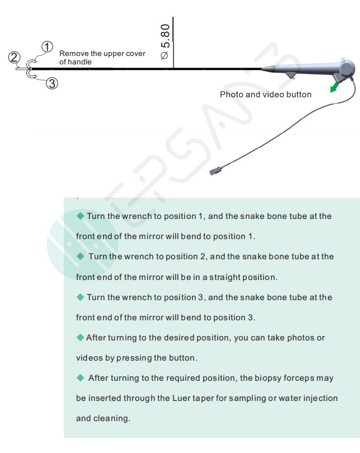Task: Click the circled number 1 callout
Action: pyautogui.click(x=48, y=46)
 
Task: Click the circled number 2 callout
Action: pyautogui.click(x=13, y=57)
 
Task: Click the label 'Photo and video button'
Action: pyautogui.click(x=265, y=95)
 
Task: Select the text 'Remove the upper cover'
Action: pyautogui.click(x=102, y=54)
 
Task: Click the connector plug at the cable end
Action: pyautogui.click(x=214, y=170)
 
